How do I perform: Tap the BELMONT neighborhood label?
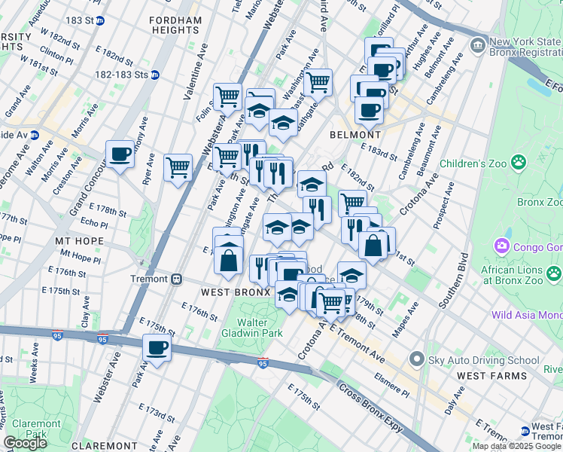pyautogui.click(x=352, y=134)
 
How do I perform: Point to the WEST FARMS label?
pyautogui.click(x=485, y=374)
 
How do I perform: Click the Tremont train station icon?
pyautogui.click(x=176, y=279)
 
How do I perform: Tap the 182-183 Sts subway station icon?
pyautogui.click(x=154, y=75)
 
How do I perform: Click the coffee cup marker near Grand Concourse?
pyautogui.click(x=120, y=154)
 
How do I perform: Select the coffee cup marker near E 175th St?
pyautogui.click(x=157, y=348)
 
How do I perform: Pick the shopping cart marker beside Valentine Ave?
pyautogui.click(x=178, y=166)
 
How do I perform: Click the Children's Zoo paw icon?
pyautogui.click(x=518, y=162)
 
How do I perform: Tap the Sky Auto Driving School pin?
pyautogui.click(x=415, y=360)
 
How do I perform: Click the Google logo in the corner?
pyautogui.click(x=25, y=443)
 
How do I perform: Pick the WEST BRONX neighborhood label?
pyautogui.click(x=234, y=292)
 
